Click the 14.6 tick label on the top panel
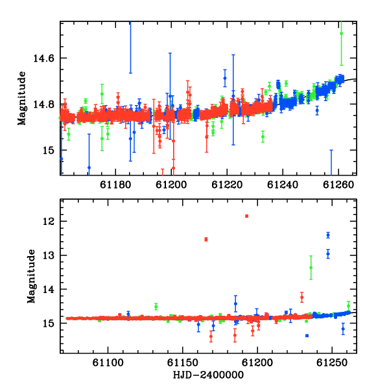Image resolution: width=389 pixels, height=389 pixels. pos(43,58)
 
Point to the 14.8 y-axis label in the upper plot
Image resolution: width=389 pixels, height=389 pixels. pos(43,104)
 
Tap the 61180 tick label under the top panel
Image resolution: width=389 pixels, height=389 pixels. pos(115,185)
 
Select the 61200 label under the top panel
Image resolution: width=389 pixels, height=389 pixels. pos(171,185)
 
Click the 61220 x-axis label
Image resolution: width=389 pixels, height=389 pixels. pos(227,185)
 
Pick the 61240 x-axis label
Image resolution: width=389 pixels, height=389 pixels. pos(283,185)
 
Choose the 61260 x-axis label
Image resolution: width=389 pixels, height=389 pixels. pos(338,185)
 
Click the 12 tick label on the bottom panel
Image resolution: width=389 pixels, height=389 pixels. pos(49,221)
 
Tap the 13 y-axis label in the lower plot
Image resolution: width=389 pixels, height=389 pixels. pos(49,255)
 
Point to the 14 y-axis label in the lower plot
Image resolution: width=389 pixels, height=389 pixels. pos(49,290)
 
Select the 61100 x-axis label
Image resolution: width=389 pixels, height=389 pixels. pos(108,363)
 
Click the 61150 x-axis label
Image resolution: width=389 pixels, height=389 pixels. pos(183,363)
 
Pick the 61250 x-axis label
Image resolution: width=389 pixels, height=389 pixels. pos(332,363)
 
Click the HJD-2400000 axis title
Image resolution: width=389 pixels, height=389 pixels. pos(208,375)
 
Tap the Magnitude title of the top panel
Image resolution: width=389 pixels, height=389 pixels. pos(22,99)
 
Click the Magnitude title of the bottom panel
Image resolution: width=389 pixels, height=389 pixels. pos(31,276)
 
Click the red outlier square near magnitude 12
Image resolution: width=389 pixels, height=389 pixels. pos(246,216)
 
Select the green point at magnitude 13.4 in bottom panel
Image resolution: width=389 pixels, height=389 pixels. pos(311,267)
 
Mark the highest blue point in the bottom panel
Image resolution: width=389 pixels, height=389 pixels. pos(328,235)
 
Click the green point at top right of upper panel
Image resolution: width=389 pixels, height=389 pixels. pos(342,34)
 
